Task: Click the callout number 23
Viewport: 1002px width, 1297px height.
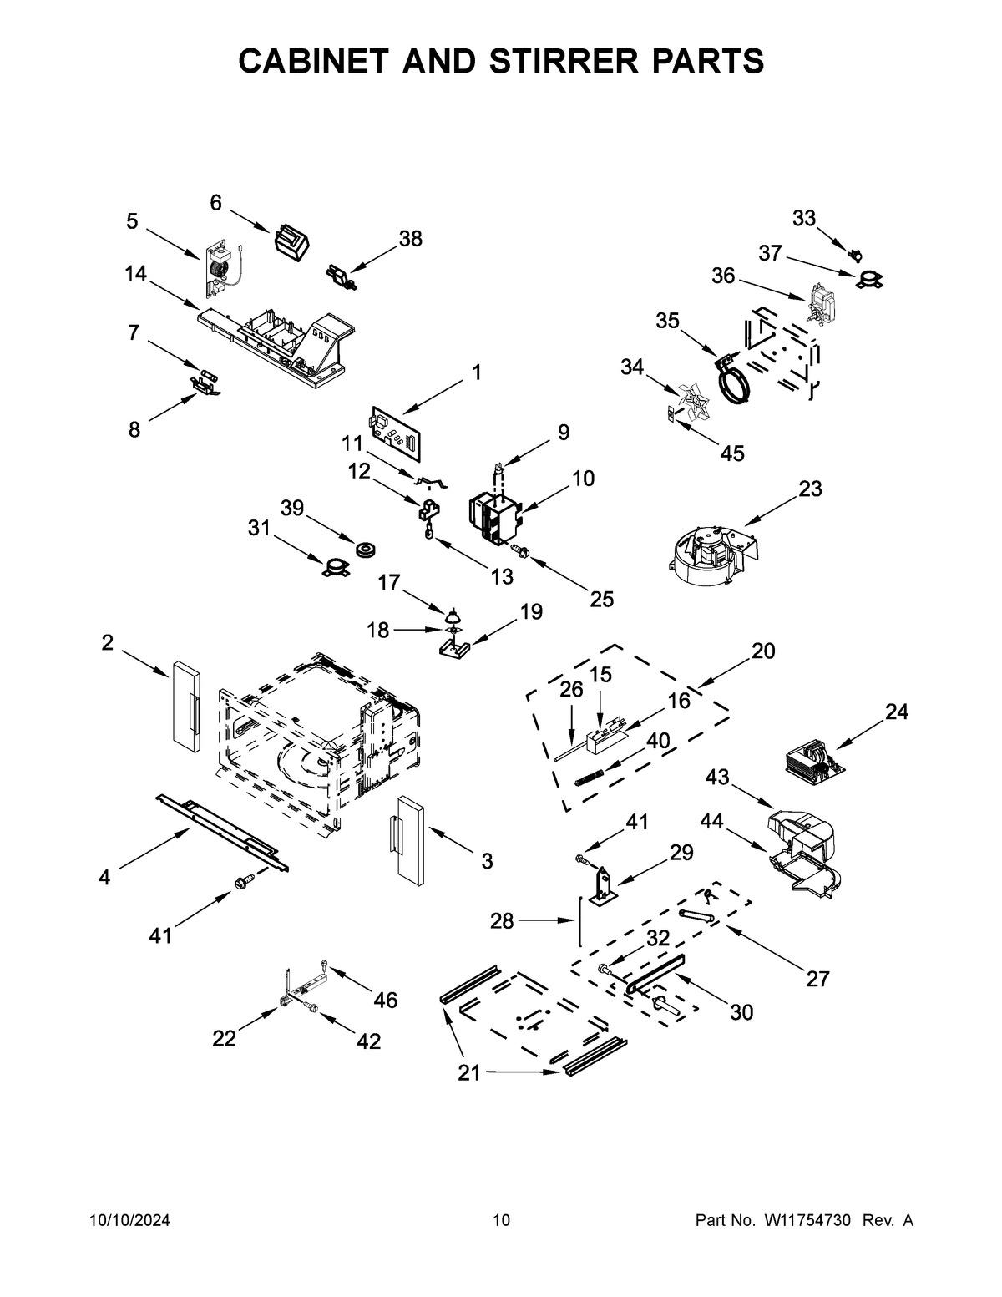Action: click(810, 489)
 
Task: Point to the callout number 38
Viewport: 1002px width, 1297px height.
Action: click(410, 239)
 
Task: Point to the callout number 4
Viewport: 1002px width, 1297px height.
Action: click(104, 877)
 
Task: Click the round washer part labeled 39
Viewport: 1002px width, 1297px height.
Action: click(366, 550)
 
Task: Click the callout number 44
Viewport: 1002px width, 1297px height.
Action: click(711, 821)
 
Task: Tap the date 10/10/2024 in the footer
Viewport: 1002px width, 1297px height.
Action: click(129, 1220)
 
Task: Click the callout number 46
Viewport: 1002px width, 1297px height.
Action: click(385, 1000)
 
